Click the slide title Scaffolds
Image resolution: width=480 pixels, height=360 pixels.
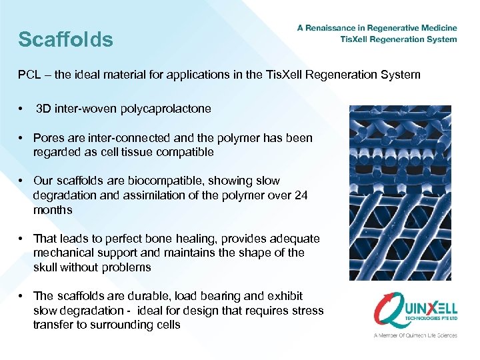pos(65,39)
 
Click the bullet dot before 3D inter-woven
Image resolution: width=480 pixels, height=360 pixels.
pos(22,108)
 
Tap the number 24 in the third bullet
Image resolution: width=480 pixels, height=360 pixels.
pos(301,195)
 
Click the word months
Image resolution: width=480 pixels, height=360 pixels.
pos(53,210)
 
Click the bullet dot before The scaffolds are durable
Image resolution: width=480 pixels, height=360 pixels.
pos(22,296)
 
